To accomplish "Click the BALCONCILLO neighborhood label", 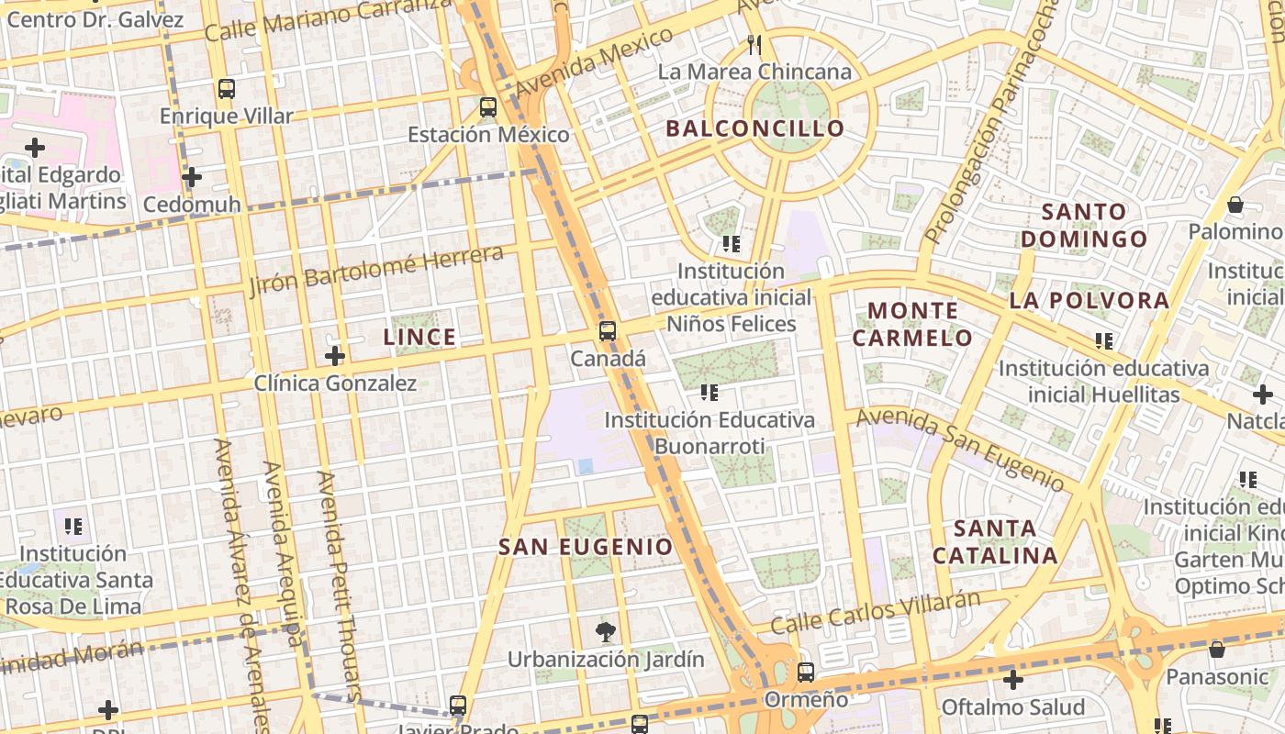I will point(754,128).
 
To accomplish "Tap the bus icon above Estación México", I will point(488,106).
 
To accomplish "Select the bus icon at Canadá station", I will point(608,331).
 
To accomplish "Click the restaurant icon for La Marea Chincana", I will point(754,45).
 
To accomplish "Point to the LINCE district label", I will point(419,338).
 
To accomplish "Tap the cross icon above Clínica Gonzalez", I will point(335,356).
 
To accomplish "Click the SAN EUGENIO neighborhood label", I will point(586,548).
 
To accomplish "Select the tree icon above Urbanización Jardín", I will point(605,631).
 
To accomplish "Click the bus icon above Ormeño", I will point(806,673).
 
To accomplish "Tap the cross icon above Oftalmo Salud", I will point(1013,680).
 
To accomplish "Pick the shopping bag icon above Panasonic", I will point(1217,650).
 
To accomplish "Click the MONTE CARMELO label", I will point(912,324).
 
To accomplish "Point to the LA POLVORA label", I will point(1089,301).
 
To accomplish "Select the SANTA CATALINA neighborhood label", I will point(996,542).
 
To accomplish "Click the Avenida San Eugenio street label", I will point(960,449).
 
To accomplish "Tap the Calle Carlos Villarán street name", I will point(876,612).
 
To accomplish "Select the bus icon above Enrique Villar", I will point(227,89).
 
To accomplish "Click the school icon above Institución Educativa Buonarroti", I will point(710,393).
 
